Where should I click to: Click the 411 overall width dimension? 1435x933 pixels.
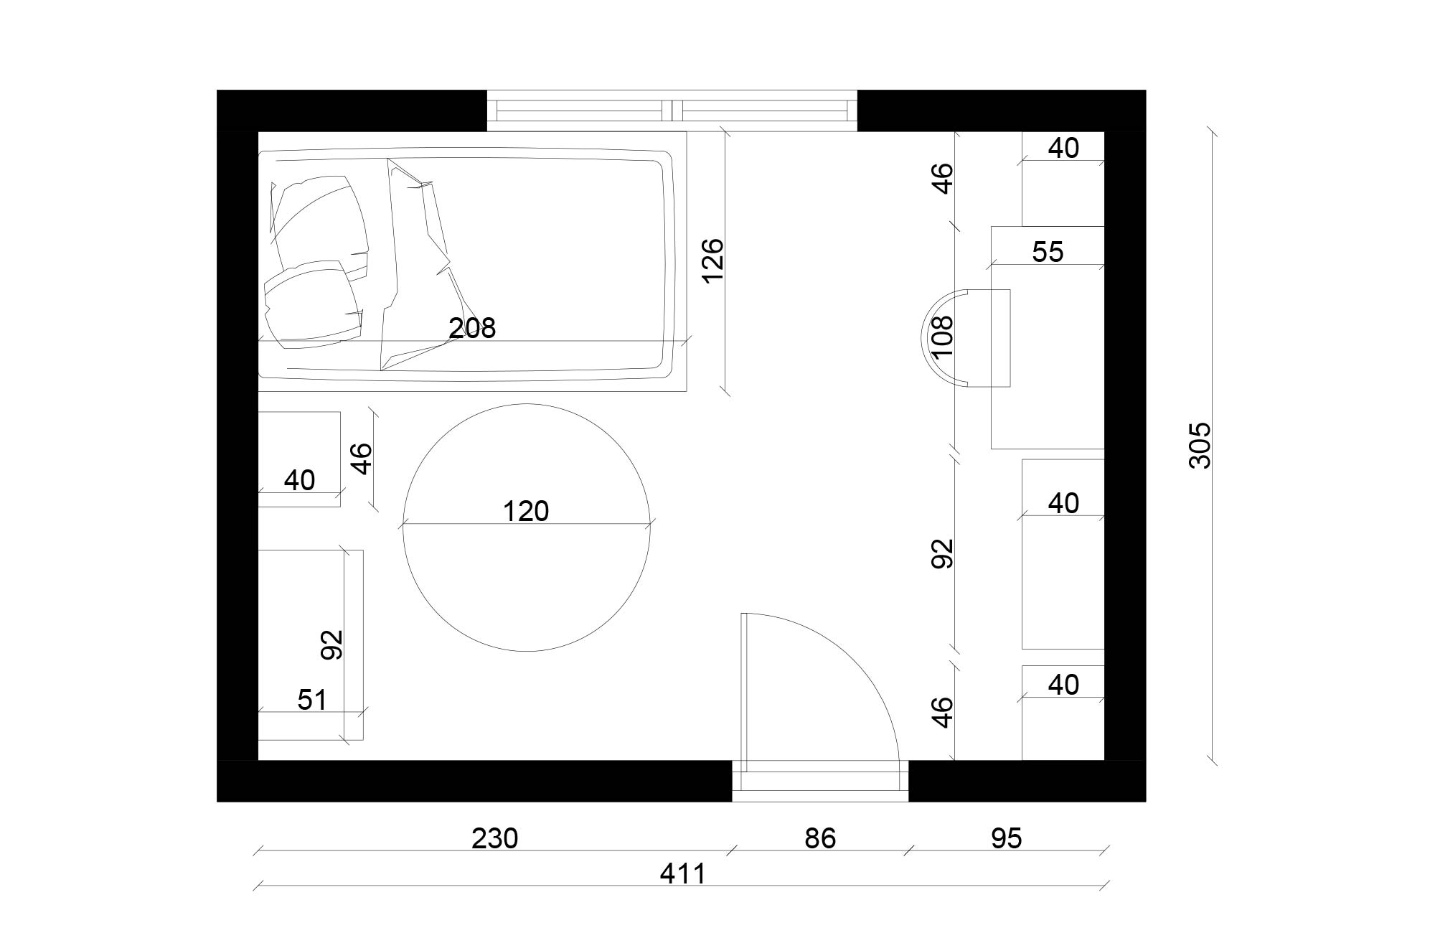[x=682, y=873]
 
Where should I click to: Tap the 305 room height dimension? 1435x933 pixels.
[x=1199, y=445]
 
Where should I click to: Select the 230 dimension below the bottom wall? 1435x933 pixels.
[x=494, y=838]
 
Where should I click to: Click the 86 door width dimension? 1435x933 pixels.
[x=819, y=838]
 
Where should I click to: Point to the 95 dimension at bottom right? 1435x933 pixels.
[x=1006, y=838]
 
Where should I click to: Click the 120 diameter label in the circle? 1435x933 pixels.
[x=526, y=511]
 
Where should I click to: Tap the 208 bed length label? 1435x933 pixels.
[x=472, y=328]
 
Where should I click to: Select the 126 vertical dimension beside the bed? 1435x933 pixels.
[x=712, y=261]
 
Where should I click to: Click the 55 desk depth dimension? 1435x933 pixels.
[x=1048, y=252]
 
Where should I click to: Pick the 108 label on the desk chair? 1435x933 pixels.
[x=941, y=337]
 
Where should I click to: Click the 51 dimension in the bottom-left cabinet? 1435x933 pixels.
[x=312, y=699]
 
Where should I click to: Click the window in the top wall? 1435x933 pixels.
[x=672, y=111]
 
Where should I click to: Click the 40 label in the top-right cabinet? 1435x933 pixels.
[x=1063, y=148]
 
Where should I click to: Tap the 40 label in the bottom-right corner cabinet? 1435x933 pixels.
[x=1063, y=685]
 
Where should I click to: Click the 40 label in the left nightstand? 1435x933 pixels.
[x=299, y=480]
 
